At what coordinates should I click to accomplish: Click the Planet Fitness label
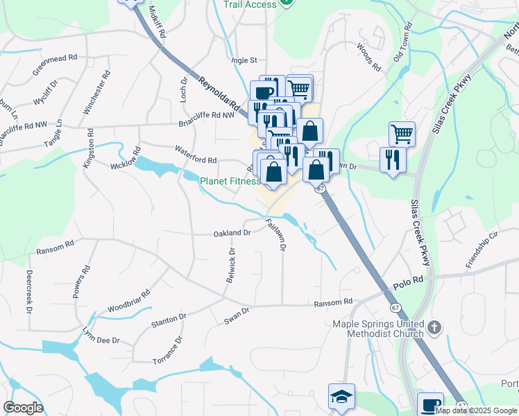click(230, 182)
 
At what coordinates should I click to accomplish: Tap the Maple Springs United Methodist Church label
click(378, 329)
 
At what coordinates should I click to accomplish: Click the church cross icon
click(434, 327)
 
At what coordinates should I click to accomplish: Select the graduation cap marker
click(341, 397)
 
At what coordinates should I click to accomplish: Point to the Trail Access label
click(250, 4)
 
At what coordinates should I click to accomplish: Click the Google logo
click(23, 408)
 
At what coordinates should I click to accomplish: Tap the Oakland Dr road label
click(232, 232)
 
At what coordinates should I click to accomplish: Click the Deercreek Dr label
click(30, 291)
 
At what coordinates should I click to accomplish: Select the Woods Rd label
click(369, 58)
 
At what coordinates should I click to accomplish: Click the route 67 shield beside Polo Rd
click(395, 307)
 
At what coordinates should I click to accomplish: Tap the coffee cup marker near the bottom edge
click(430, 404)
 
